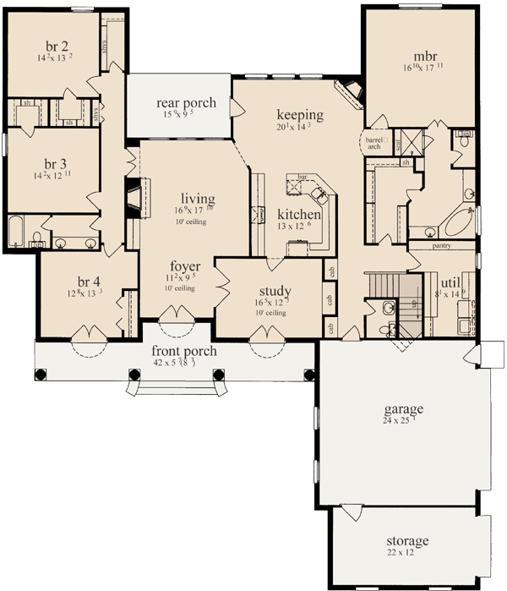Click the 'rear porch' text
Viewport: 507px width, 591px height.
[x=187, y=103]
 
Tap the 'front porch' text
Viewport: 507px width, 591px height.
[x=183, y=351]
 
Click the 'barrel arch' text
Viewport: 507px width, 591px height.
[x=373, y=142]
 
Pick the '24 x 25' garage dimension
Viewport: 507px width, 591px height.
[x=401, y=421]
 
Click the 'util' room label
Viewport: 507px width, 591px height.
[x=450, y=283]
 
